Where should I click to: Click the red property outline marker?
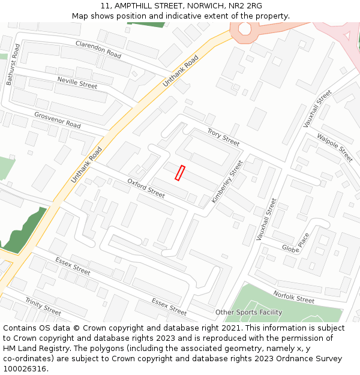(x=179, y=173)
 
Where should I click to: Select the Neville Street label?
(x=77, y=83)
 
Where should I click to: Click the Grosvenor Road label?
(x=58, y=120)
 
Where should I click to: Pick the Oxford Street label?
(x=146, y=188)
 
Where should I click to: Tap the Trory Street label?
(x=223, y=137)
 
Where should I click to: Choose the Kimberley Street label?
(x=227, y=181)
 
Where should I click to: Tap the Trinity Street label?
(x=43, y=306)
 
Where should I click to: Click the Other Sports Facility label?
(x=248, y=313)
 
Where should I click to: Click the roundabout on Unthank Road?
(x=245, y=28)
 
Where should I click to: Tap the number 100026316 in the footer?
(x=24, y=368)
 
